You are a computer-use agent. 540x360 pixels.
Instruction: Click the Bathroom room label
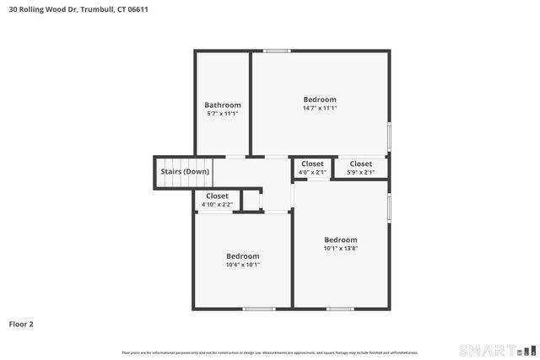pyautogui.click(x=223, y=105)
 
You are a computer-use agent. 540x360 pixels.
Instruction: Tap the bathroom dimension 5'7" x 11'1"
pyautogui.click(x=223, y=113)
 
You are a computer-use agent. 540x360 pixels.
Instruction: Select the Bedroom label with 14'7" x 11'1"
pyautogui.click(x=320, y=99)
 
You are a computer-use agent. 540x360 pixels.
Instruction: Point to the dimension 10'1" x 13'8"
pyautogui.click(x=341, y=248)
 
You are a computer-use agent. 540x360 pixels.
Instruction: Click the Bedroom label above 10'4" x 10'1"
pyautogui.click(x=242, y=255)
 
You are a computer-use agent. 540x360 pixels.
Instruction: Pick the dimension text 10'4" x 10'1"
pyautogui.click(x=242, y=264)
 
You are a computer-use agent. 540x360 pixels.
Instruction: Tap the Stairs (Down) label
pyautogui.click(x=185, y=172)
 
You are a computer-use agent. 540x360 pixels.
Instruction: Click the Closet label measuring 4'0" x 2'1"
pyautogui.click(x=312, y=164)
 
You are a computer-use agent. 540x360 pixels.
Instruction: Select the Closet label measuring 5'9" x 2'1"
pyautogui.click(x=360, y=164)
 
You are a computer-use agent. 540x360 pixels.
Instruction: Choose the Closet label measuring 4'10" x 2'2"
pyautogui.click(x=218, y=196)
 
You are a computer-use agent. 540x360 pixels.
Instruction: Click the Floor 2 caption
pyautogui.click(x=21, y=324)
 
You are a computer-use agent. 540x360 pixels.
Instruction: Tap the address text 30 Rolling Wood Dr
pyautogui.click(x=46, y=10)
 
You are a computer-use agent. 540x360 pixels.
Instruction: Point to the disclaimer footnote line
pyautogui.click(x=270, y=352)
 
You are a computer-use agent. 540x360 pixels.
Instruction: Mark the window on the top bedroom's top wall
pyautogui.click(x=277, y=51)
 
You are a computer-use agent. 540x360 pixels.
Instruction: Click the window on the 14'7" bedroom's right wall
pyautogui.click(x=389, y=136)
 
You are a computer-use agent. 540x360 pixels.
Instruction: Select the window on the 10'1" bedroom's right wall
pyautogui.click(x=389, y=207)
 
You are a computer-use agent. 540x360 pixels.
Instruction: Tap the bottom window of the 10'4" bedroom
pyautogui.click(x=259, y=309)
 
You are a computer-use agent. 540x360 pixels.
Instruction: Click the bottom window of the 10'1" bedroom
pyautogui.click(x=340, y=309)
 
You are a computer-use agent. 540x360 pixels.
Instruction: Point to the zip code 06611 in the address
pyautogui.click(x=149, y=10)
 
